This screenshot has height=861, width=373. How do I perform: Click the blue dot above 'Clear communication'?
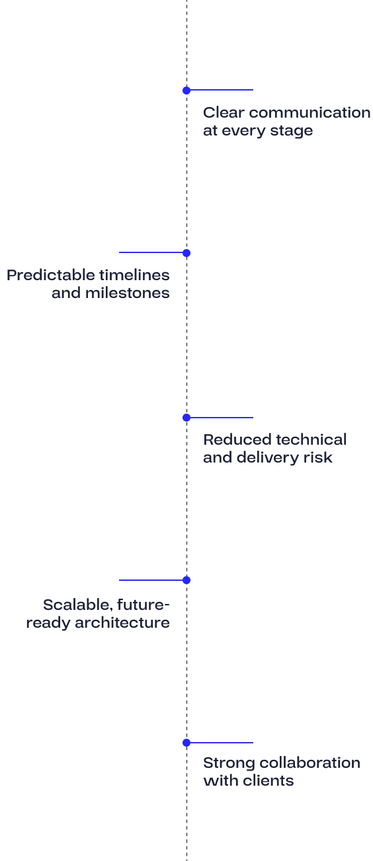pos(186,91)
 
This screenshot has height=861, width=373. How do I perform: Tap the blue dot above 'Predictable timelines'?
pos(186,253)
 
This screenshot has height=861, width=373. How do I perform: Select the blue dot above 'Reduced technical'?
pos(186,418)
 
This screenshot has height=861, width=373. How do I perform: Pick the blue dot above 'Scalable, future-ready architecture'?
pos(186,580)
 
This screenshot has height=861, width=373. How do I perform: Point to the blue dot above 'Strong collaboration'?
pos(186,743)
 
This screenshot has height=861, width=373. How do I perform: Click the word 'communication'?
pos(310,112)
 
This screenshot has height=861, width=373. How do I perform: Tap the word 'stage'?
pos(292,131)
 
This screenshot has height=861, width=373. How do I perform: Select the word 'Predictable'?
pos(51,275)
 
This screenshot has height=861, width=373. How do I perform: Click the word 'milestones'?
pos(127,293)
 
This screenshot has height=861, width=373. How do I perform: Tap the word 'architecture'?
pos(122,622)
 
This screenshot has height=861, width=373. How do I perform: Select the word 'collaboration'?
pos(308,763)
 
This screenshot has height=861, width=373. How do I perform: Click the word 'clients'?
pos(268,780)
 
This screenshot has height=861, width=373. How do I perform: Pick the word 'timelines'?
pos(134,275)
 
